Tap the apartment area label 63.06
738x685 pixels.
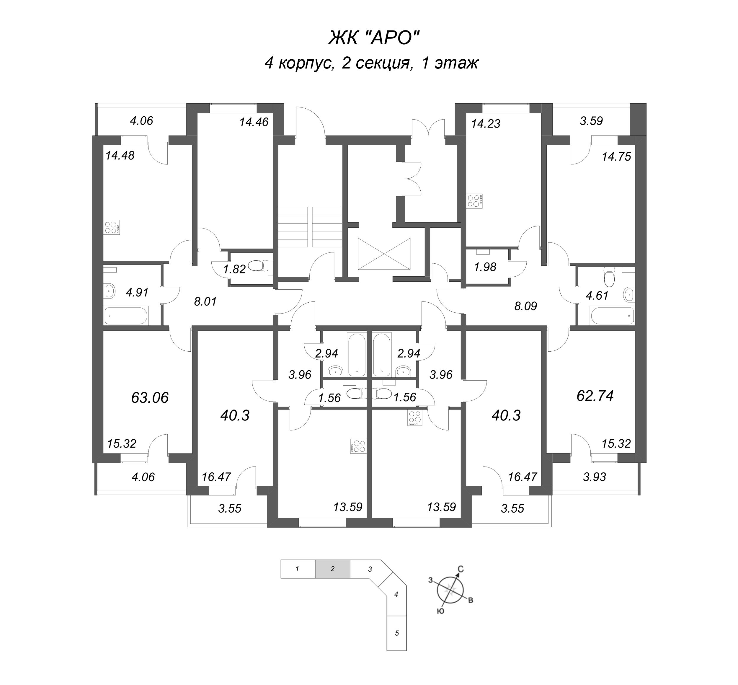[x=150, y=398]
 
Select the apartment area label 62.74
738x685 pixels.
[x=595, y=396]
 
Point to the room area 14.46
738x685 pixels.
[x=254, y=122]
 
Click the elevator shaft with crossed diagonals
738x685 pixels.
[x=384, y=254]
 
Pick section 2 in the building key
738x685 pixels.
[x=332, y=569]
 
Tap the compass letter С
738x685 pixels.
[x=461, y=569]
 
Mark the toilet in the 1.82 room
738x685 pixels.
[x=258, y=265]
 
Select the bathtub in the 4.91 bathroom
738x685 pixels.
[x=126, y=316]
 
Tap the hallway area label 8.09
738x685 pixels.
[x=526, y=306]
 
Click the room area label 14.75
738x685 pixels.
[x=616, y=157]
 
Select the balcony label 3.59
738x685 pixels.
[x=591, y=121]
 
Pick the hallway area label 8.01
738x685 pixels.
[x=205, y=302]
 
